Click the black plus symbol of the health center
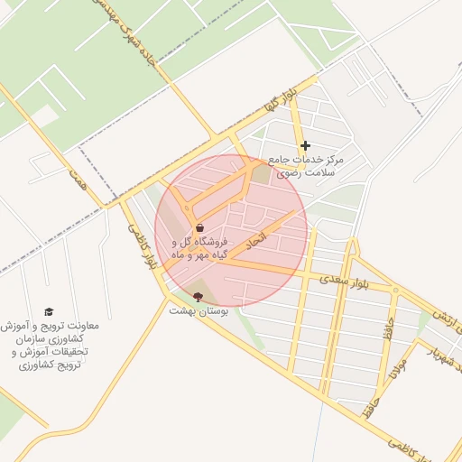[x=305, y=145]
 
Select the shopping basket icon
[x=199, y=227]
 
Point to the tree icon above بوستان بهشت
[x=199, y=296]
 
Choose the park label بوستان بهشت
[x=199, y=310]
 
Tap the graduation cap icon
[x=49, y=311]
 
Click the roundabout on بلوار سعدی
[x=394, y=291]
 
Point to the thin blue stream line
[x=319, y=433]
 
